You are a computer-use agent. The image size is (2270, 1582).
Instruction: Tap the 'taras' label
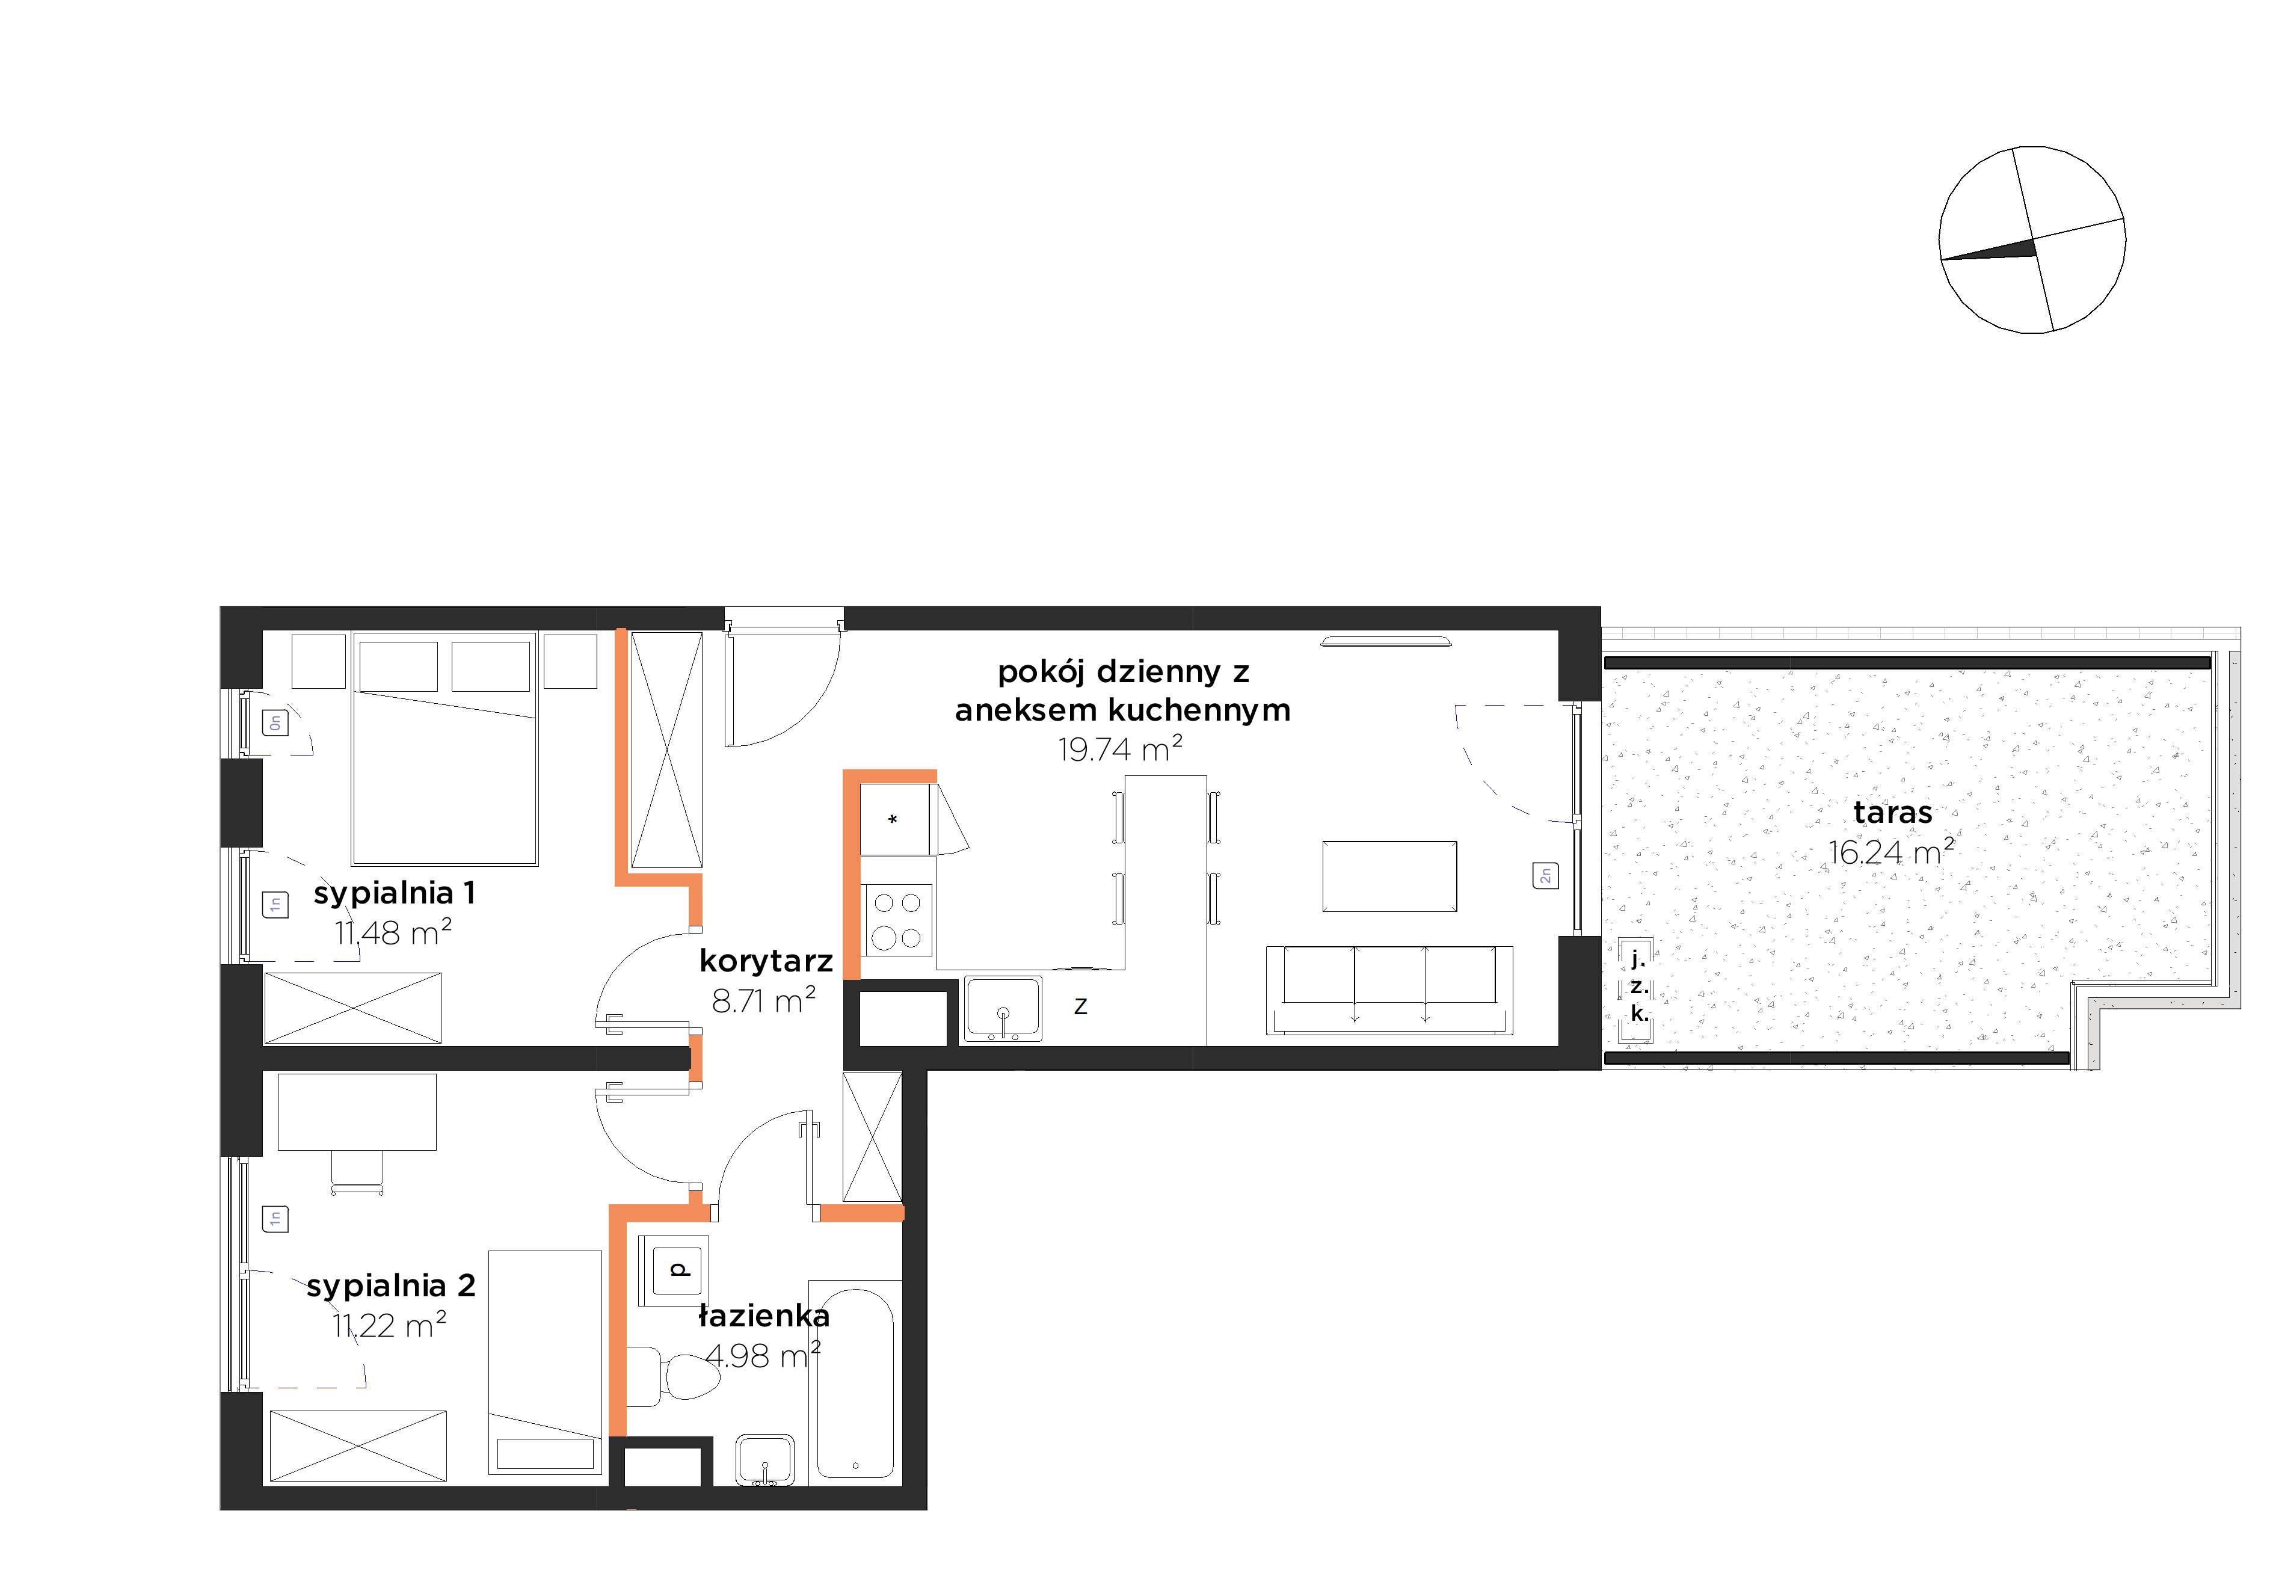pyautogui.click(x=1892, y=813)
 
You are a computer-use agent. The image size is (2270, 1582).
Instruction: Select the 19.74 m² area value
pyautogui.click(x=1120, y=748)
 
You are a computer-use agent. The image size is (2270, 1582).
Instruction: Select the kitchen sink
pyautogui.click(x=1003, y=1009)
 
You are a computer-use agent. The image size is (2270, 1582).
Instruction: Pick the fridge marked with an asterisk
pyautogui.click(x=895, y=820)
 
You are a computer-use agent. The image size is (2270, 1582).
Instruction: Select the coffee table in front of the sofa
pyautogui.click(x=1389, y=876)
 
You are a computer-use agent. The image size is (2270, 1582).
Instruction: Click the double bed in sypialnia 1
pyautogui.click(x=445, y=751)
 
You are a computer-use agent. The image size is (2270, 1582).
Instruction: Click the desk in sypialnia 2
pyautogui.click(x=357, y=1112)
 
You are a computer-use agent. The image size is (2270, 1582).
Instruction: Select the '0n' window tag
pyautogui.click(x=275, y=723)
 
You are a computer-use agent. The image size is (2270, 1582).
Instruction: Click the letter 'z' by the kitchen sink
pyautogui.click(x=1081, y=1006)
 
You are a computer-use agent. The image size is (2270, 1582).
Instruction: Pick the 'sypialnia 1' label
pyautogui.click(x=395, y=893)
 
